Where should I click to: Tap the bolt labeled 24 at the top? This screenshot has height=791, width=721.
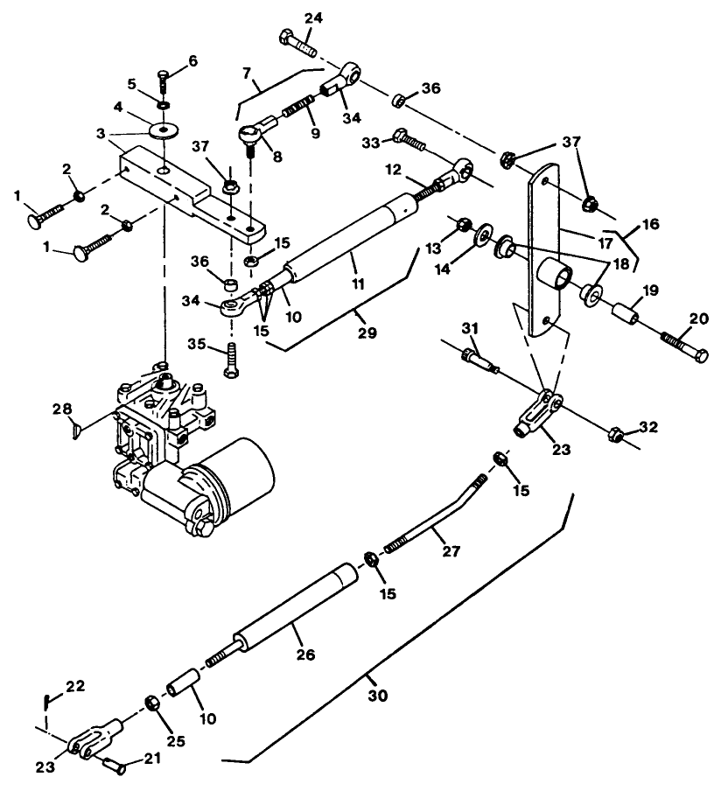(x=298, y=40)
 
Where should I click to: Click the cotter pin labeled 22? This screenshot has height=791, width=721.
(x=45, y=700)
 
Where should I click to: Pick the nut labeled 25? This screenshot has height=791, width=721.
(x=150, y=703)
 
